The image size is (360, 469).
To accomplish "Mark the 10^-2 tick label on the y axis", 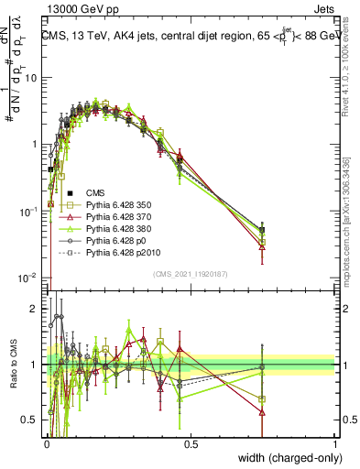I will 29,278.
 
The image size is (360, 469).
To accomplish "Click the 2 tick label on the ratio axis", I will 37,309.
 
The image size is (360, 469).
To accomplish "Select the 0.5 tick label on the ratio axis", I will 32,420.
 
